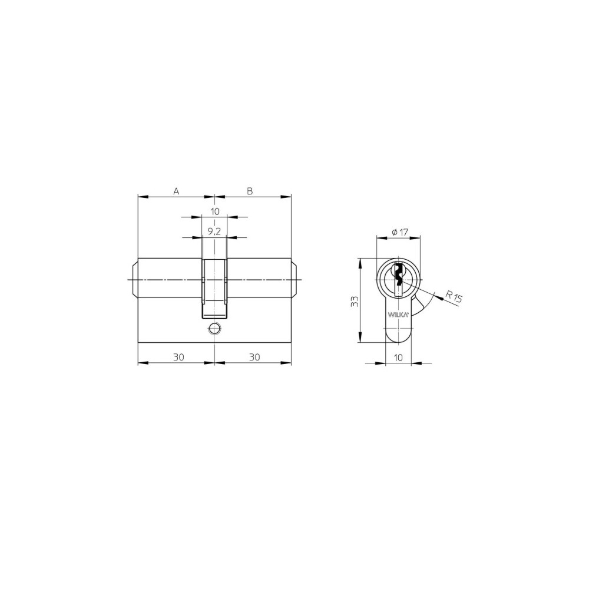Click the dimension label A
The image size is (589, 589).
(x=176, y=191)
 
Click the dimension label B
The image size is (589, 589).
(x=250, y=191)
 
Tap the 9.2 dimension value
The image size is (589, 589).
(x=214, y=231)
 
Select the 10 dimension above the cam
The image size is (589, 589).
(x=214, y=211)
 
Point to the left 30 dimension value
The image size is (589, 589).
(x=178, y=357)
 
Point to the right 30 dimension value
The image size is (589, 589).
(x=254, y=357)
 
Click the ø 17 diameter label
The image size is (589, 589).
(x=400, y=233)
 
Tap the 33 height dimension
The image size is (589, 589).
(x=354, y=301)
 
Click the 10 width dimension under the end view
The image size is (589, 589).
(x=398, y=358)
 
